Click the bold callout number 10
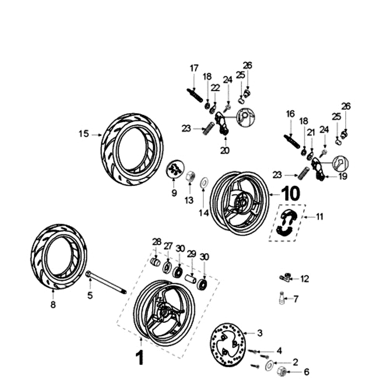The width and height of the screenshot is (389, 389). [290, 194]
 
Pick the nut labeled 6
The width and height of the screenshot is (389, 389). [281, 372]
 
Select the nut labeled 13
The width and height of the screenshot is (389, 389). [191, 176]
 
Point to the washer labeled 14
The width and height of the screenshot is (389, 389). [203, 183]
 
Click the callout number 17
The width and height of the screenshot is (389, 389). [194, 68]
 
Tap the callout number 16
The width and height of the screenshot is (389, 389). [290, 113]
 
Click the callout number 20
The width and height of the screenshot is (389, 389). [225, 151]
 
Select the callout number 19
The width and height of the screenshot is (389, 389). [343, 177]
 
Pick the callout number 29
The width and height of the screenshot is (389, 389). [192, 254]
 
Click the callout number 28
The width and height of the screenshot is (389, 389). [156, 242]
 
